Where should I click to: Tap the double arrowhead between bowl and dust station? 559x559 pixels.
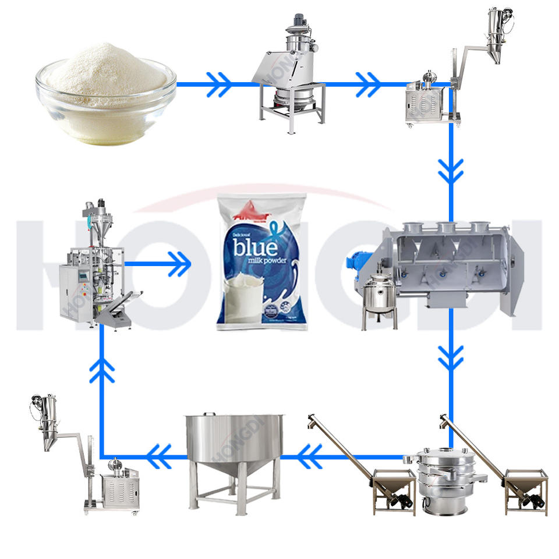(x=218, y=85)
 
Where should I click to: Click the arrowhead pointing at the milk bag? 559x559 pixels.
(x=182, y=263)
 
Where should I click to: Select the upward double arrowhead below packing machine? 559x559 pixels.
(x=102, y=370)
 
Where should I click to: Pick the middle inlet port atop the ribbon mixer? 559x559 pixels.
(x=448, y=228)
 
